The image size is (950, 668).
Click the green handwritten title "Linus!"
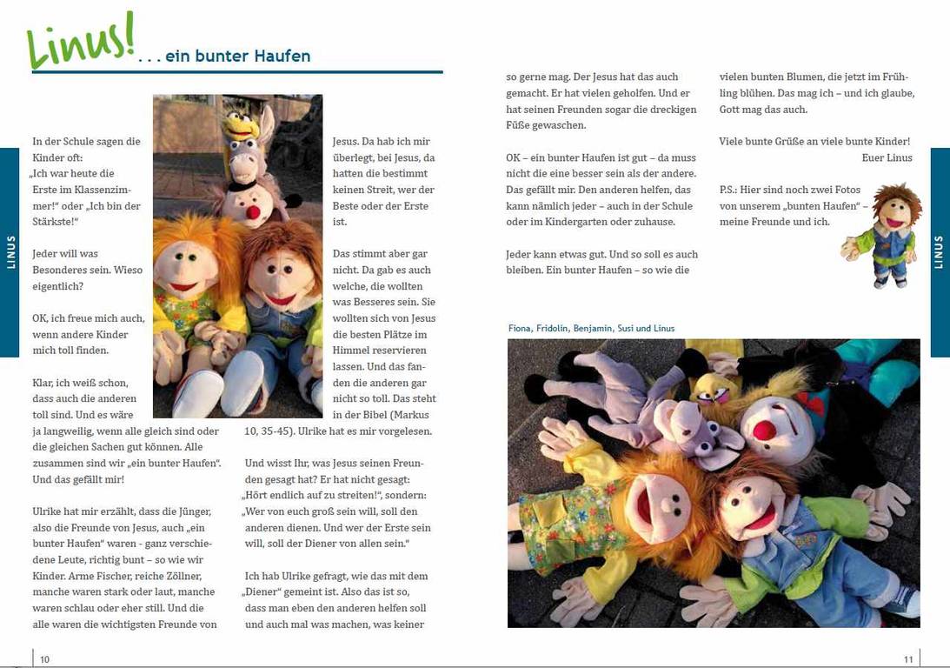81,41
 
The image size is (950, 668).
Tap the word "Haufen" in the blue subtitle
282,57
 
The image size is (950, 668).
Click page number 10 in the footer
44,659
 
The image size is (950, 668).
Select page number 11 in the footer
908,659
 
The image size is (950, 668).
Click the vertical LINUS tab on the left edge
10,252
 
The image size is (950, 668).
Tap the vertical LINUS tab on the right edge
940,252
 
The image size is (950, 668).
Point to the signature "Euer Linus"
887,157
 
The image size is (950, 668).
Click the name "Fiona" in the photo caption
521,329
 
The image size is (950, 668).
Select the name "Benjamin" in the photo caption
594,329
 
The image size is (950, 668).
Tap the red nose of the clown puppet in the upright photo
253,212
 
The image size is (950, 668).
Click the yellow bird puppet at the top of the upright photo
242,126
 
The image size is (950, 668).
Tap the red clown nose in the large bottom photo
764,430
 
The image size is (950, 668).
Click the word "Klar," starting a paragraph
44,383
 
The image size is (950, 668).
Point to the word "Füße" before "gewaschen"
520,125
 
